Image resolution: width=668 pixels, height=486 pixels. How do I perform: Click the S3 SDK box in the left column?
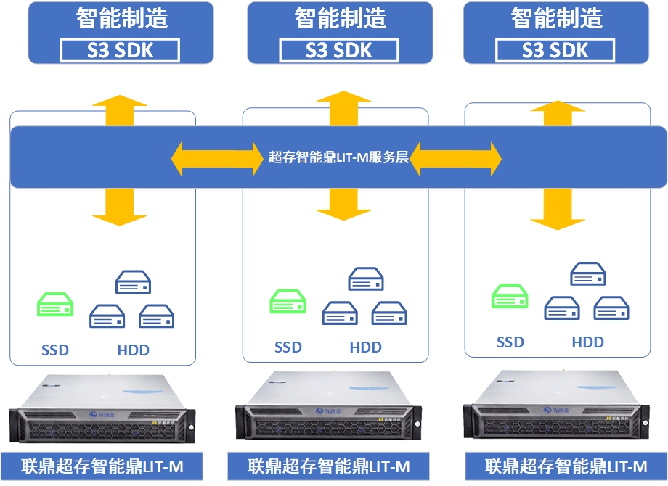coord(121,50)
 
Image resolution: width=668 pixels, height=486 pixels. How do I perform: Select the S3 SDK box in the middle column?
coord(339,50)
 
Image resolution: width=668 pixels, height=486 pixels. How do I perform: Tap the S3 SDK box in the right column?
coord(555,50)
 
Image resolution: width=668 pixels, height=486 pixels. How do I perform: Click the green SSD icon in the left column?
coord(56,305)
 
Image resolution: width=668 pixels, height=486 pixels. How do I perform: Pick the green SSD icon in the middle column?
coord(288,301)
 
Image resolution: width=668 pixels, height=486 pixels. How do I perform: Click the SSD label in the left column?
coord(55,350)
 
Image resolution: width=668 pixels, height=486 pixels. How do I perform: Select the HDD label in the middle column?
coord(365,347)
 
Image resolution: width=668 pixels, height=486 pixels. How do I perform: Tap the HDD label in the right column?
coord(587,342)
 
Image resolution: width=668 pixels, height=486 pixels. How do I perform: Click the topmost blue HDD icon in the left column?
coord(134,282)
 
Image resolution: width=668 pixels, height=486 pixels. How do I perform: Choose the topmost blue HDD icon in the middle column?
coord(365,279)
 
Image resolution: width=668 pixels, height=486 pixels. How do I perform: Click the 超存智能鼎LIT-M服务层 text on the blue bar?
coord(338,157)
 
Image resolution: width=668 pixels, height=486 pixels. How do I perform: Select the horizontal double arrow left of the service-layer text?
coord(217,157)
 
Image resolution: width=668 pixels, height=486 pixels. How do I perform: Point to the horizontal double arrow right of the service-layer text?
coord(456,157)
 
